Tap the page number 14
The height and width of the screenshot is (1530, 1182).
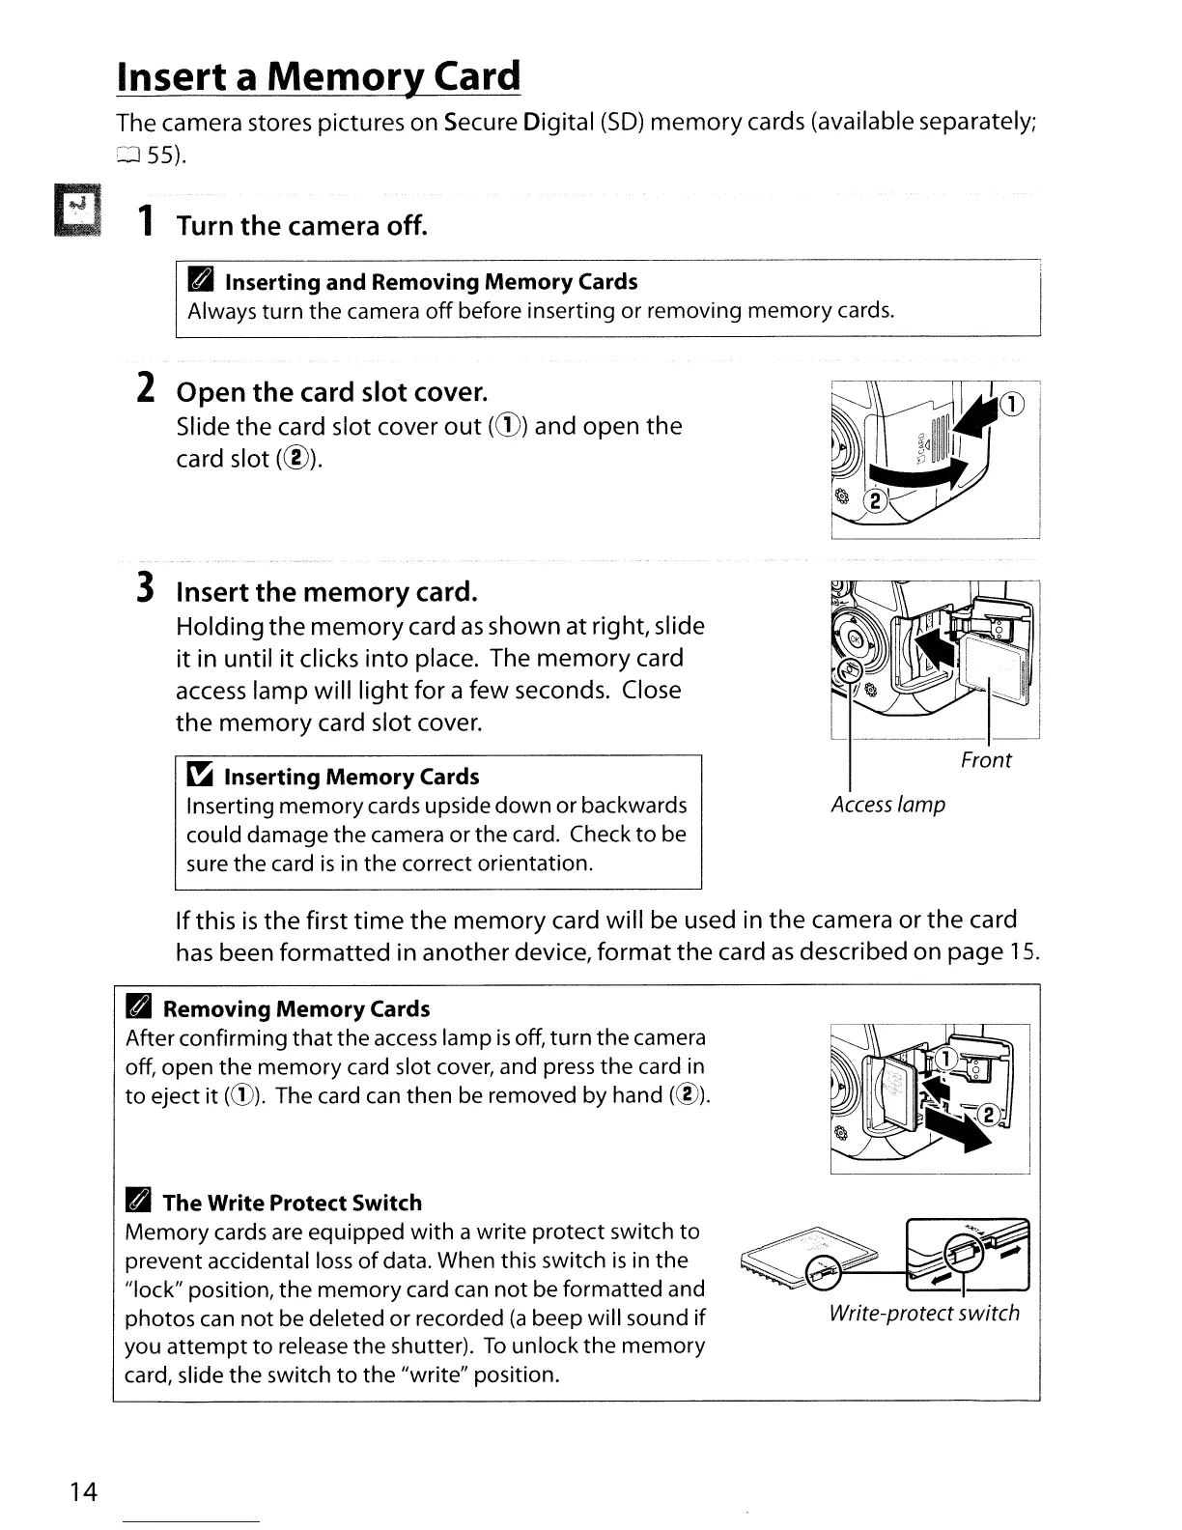click(x=83, y=1492)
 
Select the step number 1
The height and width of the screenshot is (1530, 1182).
click(x=144, y=225)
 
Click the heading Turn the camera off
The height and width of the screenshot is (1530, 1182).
click(x=300, y=226)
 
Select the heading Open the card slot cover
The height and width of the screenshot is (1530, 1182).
click(x=331, y=392)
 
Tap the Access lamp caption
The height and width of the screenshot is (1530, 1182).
click(x=887, y=805)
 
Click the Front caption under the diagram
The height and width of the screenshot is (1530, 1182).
click(x=985, y=760)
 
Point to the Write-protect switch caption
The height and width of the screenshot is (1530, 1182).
click(x=923, y=1313)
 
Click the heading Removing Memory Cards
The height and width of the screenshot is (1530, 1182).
click(x=295, y=1009)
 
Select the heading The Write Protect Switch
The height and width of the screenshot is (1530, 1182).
click(x=292, y=1203)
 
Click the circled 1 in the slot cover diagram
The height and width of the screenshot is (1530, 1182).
click(x=1013, y=404)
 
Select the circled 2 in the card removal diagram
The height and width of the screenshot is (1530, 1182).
click(x=988, y=1115)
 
